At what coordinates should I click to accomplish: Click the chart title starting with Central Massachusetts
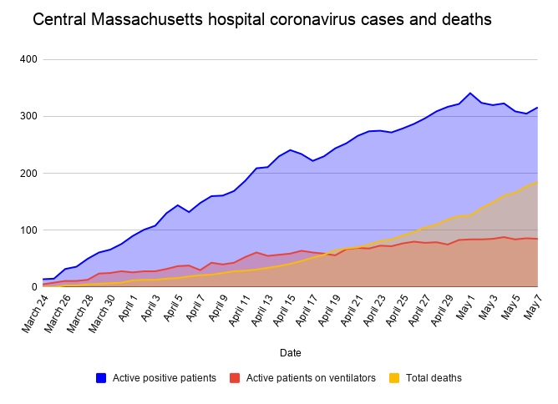[x=261, y=18]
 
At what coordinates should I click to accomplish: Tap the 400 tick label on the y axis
[x=28, y=59]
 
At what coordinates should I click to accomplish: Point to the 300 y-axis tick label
[x=28, y=116]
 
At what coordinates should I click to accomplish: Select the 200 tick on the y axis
[x=28, y=173]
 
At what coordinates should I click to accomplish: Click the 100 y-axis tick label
[x=28, y=230]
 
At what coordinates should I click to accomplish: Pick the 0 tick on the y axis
[x=34, y=286]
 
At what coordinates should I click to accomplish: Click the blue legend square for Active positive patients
[x=101, y=378]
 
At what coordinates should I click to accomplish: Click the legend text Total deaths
[x=434, y=378]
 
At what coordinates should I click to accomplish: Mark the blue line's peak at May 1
[x=470, y=93]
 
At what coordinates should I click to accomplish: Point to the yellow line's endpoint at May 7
[x=537, y=181]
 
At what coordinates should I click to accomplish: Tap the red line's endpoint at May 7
[x=537, y=239]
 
